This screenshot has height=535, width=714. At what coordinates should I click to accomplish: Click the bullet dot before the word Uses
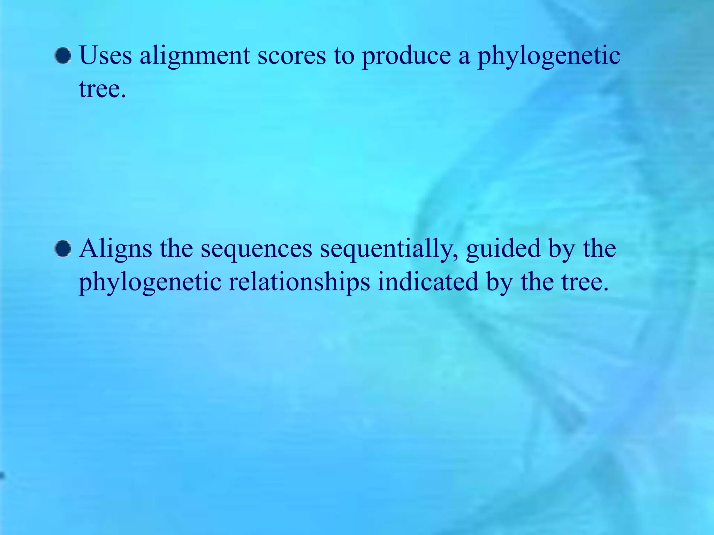click(x=63, y=56)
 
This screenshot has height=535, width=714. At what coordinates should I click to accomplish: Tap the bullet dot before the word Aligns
click(x=63, y=249)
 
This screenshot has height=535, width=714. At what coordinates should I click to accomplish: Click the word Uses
click(x=106, y=56)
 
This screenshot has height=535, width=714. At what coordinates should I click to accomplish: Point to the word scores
click(x=291, y=56)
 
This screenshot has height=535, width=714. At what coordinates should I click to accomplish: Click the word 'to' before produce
click(x=344, y=56)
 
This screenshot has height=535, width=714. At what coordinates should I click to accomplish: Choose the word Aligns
click(x=115, y=249)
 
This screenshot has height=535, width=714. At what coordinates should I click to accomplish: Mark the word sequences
click(x=256, y=249)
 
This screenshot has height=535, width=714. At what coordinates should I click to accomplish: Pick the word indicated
click(x=428, y=281)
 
